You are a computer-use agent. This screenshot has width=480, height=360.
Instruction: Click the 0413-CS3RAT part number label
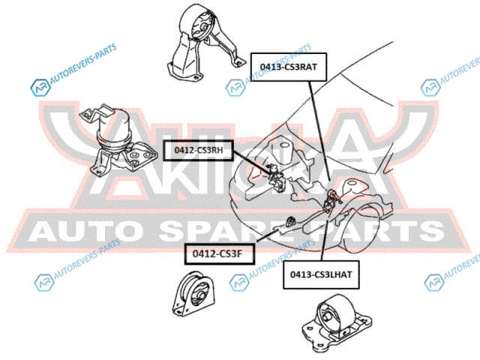point(289,67)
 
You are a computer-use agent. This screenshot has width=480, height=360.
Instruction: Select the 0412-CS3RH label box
point(198,150)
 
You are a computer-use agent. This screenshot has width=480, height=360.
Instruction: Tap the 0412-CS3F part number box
point(220,253)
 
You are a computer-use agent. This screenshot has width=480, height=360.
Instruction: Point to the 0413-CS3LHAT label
point(321,274)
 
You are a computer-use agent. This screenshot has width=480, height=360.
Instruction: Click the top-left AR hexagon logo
point(40,88)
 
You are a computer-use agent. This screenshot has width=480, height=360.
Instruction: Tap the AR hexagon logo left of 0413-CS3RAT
point(235,87)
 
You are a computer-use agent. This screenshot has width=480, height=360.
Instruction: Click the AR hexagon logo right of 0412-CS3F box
point(240,282)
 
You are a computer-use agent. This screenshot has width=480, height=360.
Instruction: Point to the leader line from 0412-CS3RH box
point(253,164)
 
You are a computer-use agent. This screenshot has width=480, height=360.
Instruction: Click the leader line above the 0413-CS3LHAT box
point(325,237)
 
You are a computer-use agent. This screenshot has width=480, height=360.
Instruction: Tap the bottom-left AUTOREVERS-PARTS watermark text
point(87,259)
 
